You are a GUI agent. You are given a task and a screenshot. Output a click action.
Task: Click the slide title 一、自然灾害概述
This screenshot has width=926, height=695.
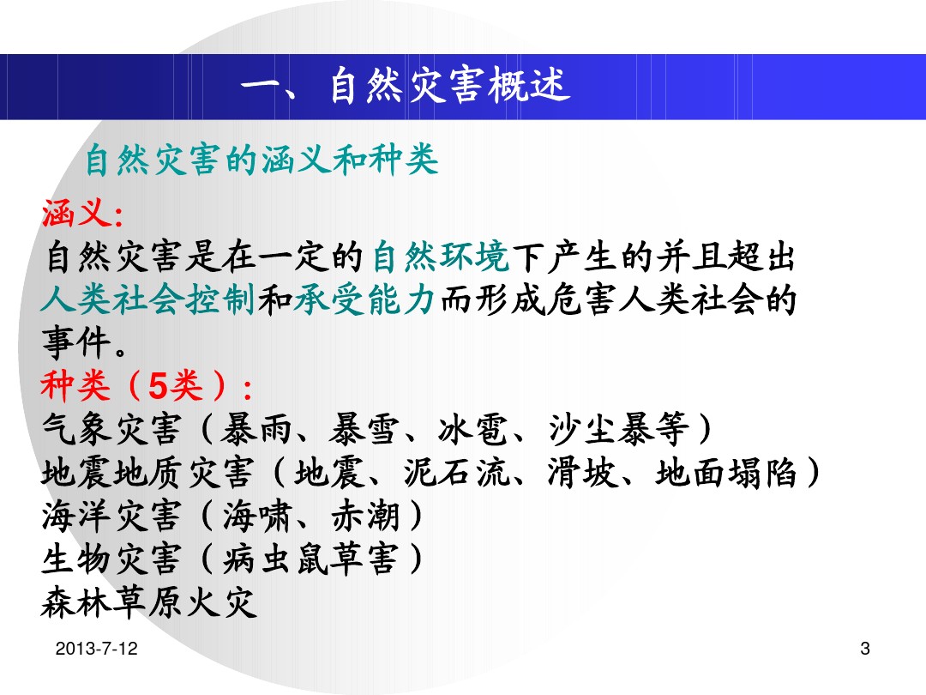coord(405,87)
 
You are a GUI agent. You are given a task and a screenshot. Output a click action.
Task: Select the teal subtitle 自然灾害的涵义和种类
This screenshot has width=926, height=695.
coord(262,160)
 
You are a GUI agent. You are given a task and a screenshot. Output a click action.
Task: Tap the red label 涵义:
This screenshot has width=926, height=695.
coord(82,213)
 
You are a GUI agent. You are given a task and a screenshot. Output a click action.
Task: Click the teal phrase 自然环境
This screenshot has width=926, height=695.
coord(441,257)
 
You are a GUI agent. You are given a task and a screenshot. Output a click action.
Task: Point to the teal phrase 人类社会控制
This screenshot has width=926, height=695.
coord(147,299)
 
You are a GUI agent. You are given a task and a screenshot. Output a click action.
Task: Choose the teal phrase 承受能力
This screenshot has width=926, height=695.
coord(364,299)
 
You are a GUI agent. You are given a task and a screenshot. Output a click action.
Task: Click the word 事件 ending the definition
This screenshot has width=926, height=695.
coord(76,342)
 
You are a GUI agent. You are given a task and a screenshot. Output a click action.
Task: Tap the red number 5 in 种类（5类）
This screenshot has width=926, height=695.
coord(158,386)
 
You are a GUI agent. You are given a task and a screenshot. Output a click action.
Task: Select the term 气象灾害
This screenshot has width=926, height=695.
coord(111,429)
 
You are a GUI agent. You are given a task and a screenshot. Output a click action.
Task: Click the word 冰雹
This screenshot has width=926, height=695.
coord(473,429)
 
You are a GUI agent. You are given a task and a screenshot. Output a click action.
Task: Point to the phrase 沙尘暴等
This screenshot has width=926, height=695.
coord(618,429)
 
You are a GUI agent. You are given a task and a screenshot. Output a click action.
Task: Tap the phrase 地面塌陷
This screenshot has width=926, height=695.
coord(727,473)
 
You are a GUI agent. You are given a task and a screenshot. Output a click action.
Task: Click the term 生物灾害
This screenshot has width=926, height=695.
coord(111,559)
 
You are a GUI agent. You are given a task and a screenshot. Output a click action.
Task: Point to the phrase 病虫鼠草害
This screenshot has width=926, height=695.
coord(310,559)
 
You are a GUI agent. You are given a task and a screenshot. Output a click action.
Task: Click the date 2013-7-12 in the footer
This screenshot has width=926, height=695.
coord(96,649)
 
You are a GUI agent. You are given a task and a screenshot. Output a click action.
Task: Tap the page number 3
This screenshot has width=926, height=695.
coord(865,649)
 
